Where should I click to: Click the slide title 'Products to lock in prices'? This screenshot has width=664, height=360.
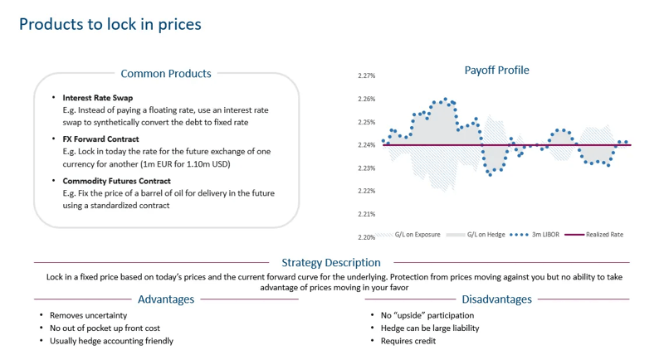pos(110,24)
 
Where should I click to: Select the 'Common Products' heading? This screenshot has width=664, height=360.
pos(166,74)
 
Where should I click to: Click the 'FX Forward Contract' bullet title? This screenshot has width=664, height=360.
pos(100,139)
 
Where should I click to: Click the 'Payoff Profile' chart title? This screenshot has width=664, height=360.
pos(496,71)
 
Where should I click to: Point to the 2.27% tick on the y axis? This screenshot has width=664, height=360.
pos(366,76)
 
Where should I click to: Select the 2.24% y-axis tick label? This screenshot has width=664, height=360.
pos(366,145)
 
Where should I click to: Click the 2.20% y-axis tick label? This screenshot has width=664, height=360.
pos(366,237)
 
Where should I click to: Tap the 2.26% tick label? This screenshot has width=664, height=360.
pos(366,100)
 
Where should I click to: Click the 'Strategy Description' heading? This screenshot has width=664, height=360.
pos(331,263)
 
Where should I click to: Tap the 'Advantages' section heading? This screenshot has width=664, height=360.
pos(166,299)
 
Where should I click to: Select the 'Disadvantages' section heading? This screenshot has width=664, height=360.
pos(496,299)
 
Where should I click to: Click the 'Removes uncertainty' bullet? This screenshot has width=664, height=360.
pos(88,315)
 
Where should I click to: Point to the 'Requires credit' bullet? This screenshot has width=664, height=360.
pos(408,341)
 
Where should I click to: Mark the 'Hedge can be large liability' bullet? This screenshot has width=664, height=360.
pos(429,328)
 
